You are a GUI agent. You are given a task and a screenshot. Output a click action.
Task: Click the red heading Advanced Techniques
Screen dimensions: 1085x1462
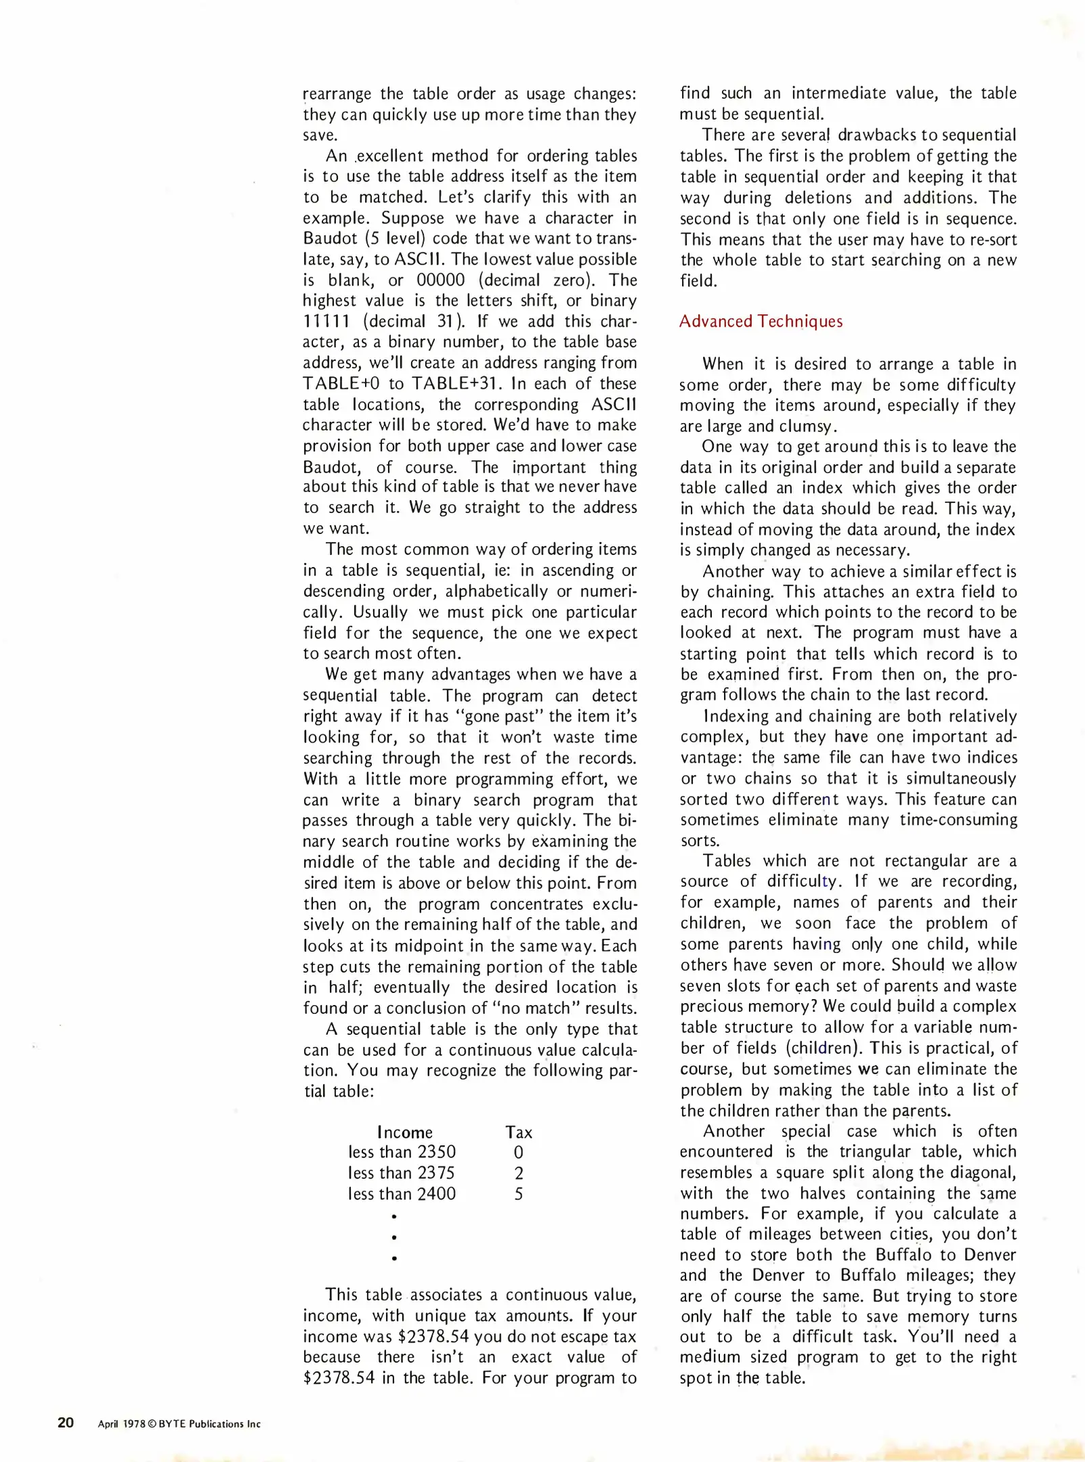761,322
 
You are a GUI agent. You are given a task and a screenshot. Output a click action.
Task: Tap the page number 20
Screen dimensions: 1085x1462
66,1422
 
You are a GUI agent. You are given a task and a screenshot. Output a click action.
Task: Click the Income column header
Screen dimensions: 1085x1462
404,1132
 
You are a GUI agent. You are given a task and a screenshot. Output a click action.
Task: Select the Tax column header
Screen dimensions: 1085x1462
519,1132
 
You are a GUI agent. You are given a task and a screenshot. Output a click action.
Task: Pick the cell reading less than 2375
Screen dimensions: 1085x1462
402,1173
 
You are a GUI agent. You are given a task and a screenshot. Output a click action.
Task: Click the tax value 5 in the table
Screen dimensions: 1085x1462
519,1194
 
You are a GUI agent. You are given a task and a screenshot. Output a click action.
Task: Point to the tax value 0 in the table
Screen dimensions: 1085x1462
519,1153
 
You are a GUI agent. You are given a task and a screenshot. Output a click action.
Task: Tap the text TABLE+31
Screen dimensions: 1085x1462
457,384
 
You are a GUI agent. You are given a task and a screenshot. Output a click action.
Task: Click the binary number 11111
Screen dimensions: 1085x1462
326,322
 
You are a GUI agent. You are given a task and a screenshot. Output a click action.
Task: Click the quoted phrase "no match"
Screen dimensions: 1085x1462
534,1008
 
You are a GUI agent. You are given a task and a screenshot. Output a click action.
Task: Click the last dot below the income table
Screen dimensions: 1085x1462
394,1259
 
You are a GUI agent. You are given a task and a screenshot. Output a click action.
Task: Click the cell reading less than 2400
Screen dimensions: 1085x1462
402,1194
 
